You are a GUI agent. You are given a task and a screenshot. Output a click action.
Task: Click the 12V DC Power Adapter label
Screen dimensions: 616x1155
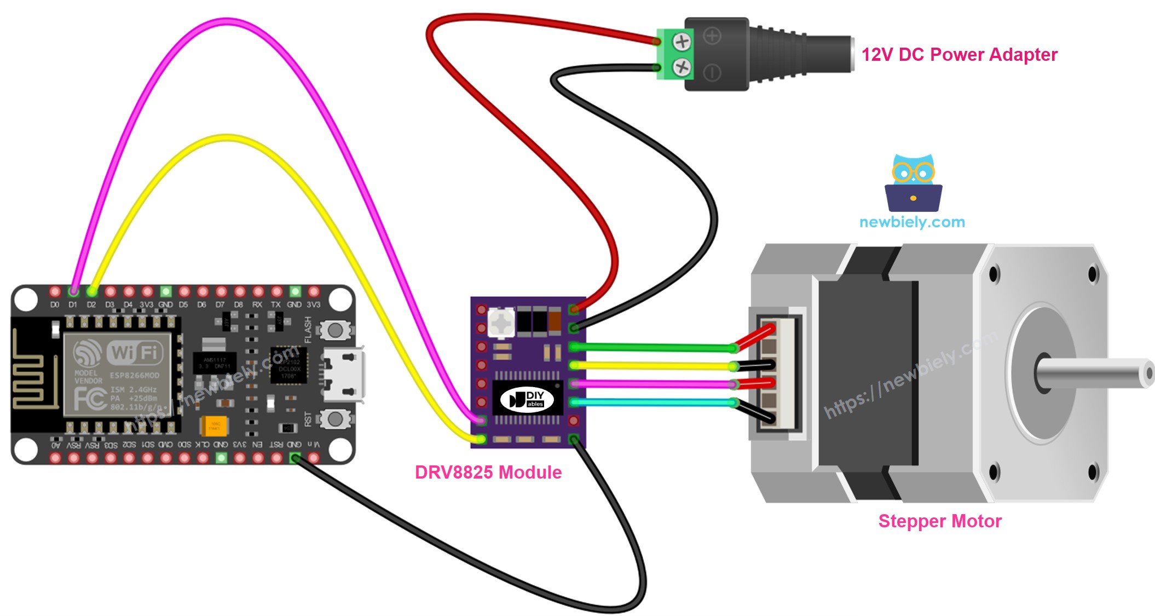pos(959,55)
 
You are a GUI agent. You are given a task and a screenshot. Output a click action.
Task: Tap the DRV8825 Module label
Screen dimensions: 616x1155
pos(488,472)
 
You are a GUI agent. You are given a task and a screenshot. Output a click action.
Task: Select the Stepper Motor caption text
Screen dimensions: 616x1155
pos(939,521)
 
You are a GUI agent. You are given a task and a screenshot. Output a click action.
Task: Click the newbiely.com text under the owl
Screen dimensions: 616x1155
pos(912,222)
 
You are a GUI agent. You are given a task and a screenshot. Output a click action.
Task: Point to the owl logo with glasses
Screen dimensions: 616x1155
pos(913,183)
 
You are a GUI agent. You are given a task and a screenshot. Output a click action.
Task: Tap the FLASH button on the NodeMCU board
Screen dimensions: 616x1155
pos(334,330)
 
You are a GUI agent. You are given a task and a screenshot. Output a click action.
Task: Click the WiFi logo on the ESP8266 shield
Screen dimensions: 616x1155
pos(134,352)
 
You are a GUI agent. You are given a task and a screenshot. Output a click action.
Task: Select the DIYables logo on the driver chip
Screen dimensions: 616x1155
pos(527,399)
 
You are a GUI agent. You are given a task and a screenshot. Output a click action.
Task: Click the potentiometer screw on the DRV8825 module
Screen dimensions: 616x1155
pos(501,323)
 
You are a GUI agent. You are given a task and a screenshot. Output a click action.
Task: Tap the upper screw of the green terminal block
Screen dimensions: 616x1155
pos(682,41)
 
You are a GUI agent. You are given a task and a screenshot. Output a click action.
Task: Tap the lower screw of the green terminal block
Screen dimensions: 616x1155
pos(682,67)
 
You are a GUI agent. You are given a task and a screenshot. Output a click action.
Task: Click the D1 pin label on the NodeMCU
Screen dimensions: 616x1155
pos(73,304)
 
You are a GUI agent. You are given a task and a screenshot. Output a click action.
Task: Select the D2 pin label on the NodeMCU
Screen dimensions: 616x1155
pos(91,304)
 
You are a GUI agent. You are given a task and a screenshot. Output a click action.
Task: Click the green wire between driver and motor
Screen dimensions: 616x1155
pos(651,347)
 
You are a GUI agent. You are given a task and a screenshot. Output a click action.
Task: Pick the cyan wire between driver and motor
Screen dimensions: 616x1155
pos(651,402)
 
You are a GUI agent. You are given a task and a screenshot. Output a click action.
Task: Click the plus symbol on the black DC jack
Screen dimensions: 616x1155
pos(712,37)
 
